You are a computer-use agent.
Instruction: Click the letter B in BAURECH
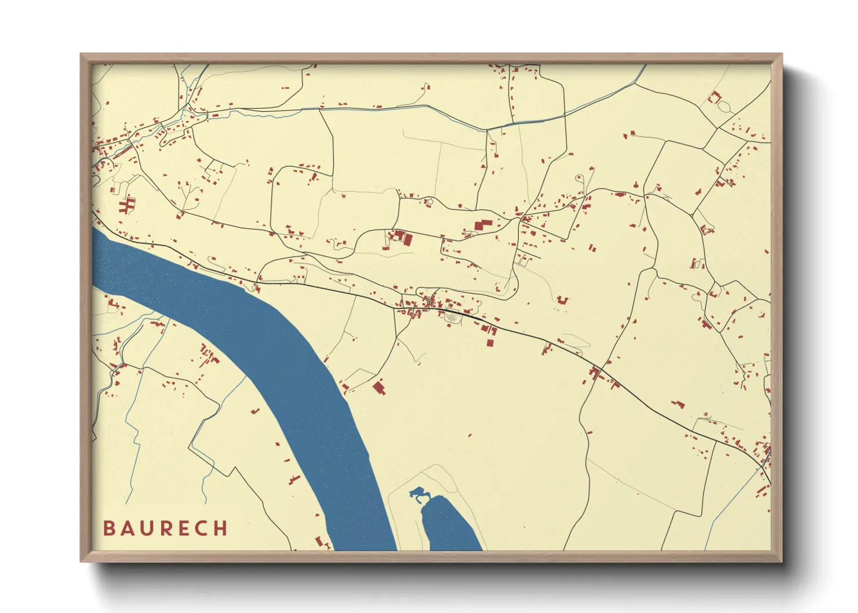click(108, 528)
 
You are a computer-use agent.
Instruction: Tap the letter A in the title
click(127, 528)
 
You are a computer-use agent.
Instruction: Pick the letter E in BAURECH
click(184, 528)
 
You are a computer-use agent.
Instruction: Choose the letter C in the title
click(202, 528)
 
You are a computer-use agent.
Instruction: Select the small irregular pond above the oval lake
click(418, 494)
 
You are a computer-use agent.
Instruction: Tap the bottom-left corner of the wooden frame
click(82, 560)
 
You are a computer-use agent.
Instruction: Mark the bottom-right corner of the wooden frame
click(781, 560)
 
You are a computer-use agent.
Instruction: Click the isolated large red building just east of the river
click(379, 387)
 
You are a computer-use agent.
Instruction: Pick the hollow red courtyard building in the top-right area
click(714, 97)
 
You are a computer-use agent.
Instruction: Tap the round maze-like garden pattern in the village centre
click(451, 317)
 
